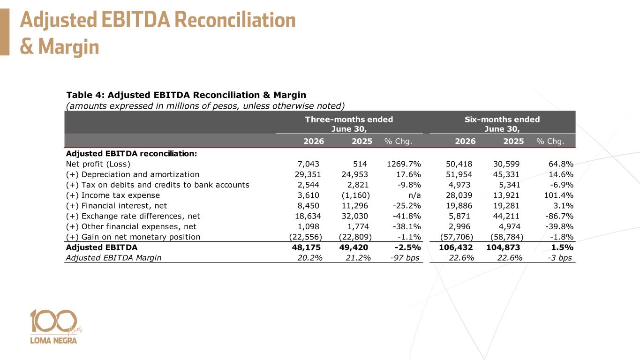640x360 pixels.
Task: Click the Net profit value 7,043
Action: point(309,164)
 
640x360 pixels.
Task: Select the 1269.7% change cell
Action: point(404,164)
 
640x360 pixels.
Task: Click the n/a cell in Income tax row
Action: point(414,195)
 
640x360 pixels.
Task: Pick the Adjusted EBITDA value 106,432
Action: point(456,247)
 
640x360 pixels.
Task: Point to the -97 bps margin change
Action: point(405,258)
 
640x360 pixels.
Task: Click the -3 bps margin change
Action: point(560,258)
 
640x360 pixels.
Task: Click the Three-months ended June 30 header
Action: point(349,124)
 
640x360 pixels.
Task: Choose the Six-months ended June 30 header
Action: point(502,124)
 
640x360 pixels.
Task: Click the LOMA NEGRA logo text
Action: point(53,341)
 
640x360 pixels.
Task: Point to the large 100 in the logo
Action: point(54,321)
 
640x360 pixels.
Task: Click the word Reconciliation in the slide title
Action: point(235,20)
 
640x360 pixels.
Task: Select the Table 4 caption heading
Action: point(186,95)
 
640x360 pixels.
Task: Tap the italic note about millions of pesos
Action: point(205,106)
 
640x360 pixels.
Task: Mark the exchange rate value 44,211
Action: point(506,216)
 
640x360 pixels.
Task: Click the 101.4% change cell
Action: point(558,195)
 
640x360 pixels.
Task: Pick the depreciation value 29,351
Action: point(308,174)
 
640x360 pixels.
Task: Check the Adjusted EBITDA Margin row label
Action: point(113,258)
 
